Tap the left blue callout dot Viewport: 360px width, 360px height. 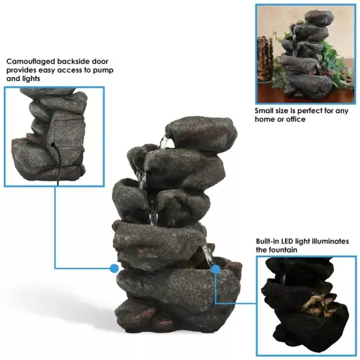(114, 268)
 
